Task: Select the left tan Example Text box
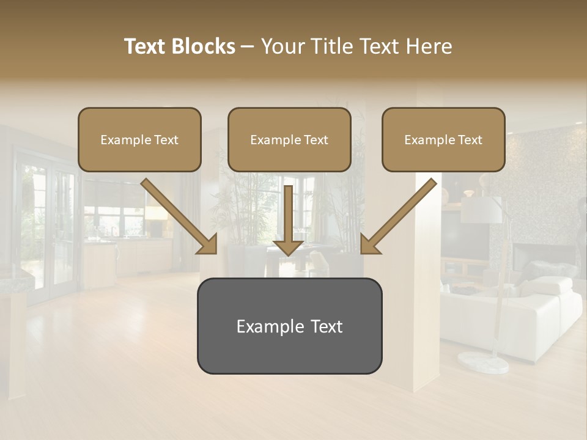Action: (139, 140)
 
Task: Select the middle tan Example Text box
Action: (289, 140)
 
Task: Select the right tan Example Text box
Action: (443, 140)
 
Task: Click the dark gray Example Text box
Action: (289, 326)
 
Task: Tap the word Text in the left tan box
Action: (166, 140)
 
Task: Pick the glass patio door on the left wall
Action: (49, 232)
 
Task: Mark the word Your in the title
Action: (281, 46)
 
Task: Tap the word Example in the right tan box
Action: (429, 140)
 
